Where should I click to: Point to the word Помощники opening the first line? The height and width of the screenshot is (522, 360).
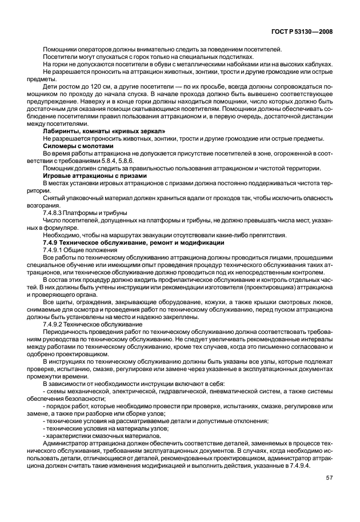tap(61, 50)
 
